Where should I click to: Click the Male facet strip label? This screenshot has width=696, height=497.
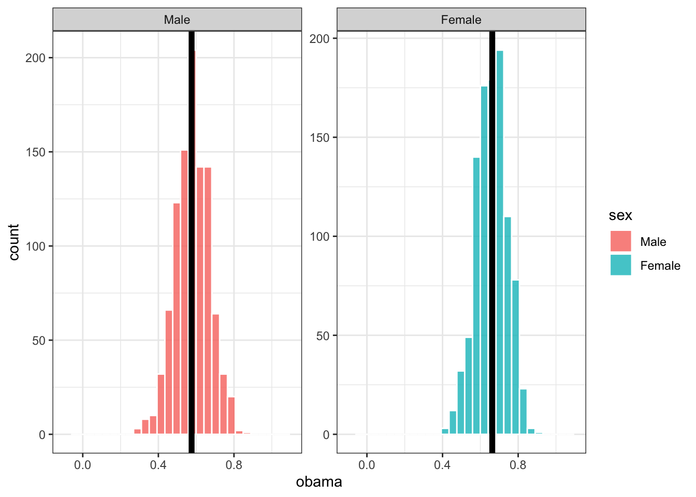pos(177,20)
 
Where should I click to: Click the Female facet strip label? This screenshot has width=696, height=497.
pos(461,20)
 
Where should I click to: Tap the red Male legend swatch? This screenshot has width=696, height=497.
pos(620,241)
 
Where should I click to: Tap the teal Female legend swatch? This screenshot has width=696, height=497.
pos(620,265)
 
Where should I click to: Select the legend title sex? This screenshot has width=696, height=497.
pos(620,215)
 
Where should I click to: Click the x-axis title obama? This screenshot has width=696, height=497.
pos(319,482)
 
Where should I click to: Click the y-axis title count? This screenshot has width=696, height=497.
pos(14,242)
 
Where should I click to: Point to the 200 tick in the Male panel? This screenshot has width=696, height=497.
pos(36,58)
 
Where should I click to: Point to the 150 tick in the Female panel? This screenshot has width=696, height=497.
pos(320,138)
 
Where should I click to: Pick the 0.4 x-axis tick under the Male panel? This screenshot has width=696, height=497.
pos(158,465)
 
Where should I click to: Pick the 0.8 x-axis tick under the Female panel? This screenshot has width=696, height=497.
pos(518,465)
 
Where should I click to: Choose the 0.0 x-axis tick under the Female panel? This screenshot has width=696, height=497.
pos(367,465)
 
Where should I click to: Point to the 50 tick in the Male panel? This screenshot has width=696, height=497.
pos(38,341)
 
